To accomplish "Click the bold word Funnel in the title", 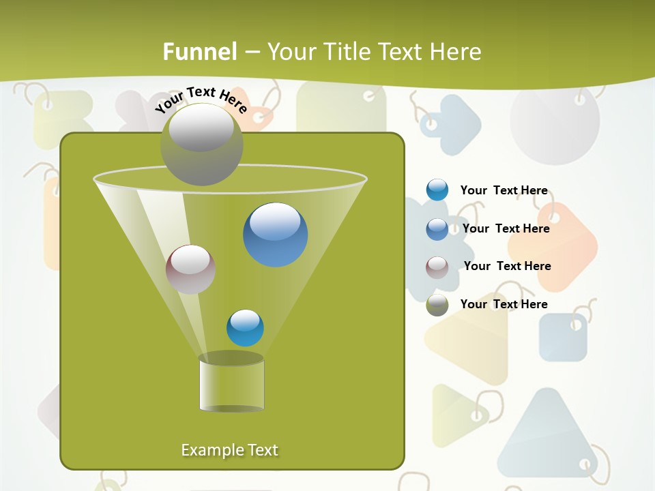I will coord(200,51).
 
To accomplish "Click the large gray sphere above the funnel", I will coord(201,144).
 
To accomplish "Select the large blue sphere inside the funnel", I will coord(276,235).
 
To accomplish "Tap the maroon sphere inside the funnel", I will coord(190,269).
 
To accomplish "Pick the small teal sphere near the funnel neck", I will coord(245,328).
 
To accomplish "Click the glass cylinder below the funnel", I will coord(232,384).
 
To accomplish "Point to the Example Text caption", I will coord(230,450).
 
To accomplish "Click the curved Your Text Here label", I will coord(201,100).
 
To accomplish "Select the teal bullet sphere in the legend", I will coord(437,190).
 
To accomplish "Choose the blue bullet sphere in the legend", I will coord(437,229).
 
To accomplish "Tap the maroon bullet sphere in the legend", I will coord(437,267).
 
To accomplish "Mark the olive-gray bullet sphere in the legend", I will coord(437,305).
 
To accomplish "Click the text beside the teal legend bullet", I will coord(504,191).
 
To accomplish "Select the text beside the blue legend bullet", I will coord(506,228).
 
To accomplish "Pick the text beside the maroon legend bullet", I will coord(507,266).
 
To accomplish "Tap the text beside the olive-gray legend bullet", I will coord(504,304).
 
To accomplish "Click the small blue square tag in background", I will coord(563,337).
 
